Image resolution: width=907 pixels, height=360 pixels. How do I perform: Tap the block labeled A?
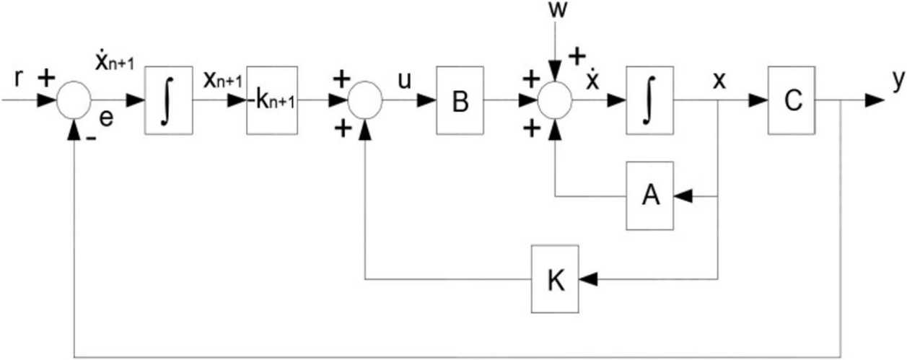coord(650,196)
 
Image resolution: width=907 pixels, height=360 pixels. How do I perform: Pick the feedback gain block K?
coord(554,279)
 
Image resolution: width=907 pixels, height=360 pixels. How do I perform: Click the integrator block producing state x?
coord(650,100)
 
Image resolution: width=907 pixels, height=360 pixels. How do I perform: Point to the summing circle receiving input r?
coord(74,100)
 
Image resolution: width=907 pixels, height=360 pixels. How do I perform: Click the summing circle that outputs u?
coord(365,100)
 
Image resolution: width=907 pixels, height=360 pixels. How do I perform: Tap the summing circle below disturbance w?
coord(554,100)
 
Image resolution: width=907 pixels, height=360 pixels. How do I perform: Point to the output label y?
coord(897,81)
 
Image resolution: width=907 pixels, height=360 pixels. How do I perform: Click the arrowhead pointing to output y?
coord(874,100)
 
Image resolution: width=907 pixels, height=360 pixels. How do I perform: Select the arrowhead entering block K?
coord(587,279)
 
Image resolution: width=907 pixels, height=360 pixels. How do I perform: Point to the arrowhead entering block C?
coord(758,100)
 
